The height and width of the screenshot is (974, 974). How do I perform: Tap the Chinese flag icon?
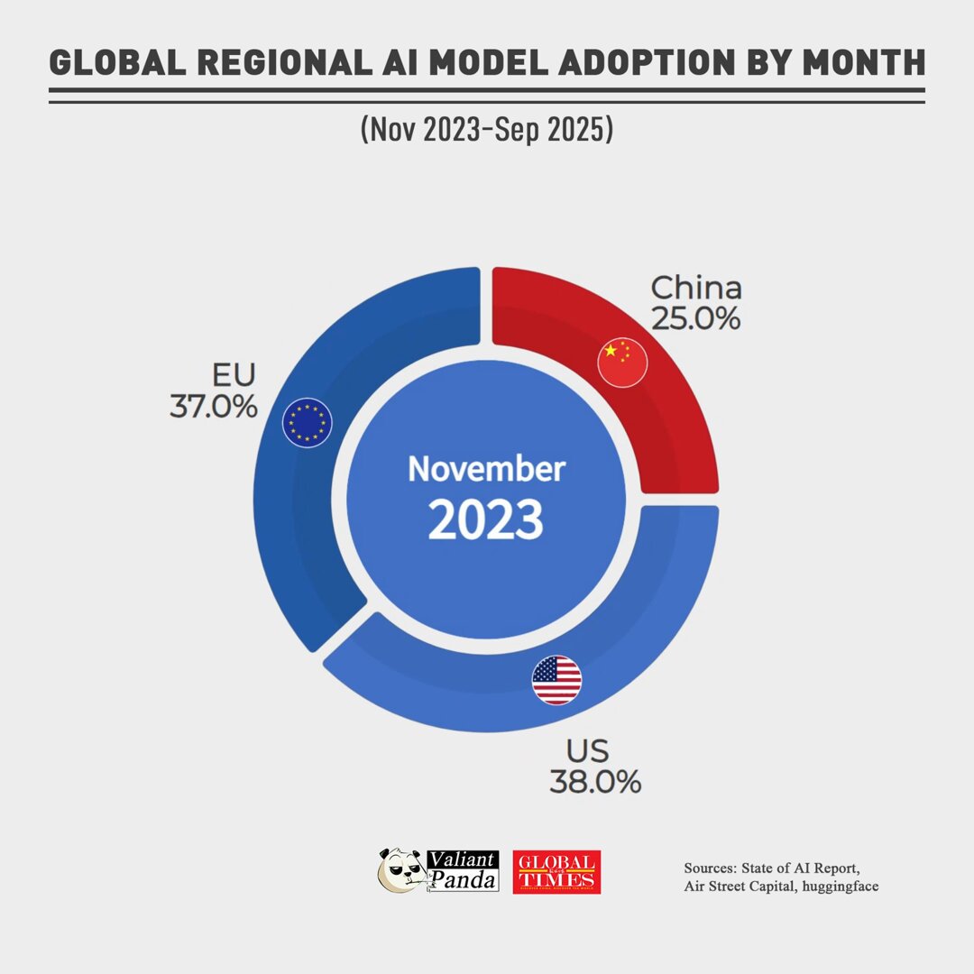pyautogui.click(x=622, y=363)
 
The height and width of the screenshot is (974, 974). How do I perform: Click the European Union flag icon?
pyautogui.click(x=308, y=422)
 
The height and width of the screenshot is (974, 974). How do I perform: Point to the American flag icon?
pyautogui.click(x=556, y=680)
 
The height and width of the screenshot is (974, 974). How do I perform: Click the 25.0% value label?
pyautogui.click(x=695, y=318)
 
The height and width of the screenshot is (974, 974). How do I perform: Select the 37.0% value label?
pyautogui.click(x=214, y=406)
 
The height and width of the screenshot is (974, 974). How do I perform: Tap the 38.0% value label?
pyautogui.click(x=595, y=781)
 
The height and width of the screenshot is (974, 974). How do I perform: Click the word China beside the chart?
pyautogui.click(x=696, y=289)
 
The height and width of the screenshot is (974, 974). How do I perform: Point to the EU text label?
pyautogui.click(x=234, y=375)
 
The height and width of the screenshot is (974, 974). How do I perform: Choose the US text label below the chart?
pyautogui.click(x=587, y=751)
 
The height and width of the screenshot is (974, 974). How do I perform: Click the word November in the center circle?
pyautogui.click(x=486, y=469)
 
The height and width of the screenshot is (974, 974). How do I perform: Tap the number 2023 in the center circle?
pyautogui.click(x=486, y=520)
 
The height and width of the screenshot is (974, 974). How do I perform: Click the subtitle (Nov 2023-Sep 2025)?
pyautogui.click(x=486, y=129)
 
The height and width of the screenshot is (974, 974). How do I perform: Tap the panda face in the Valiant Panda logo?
pyautogui.click(x=400, y=871)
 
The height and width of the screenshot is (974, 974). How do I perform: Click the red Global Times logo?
pyautogui.click(x=556, y=872)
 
